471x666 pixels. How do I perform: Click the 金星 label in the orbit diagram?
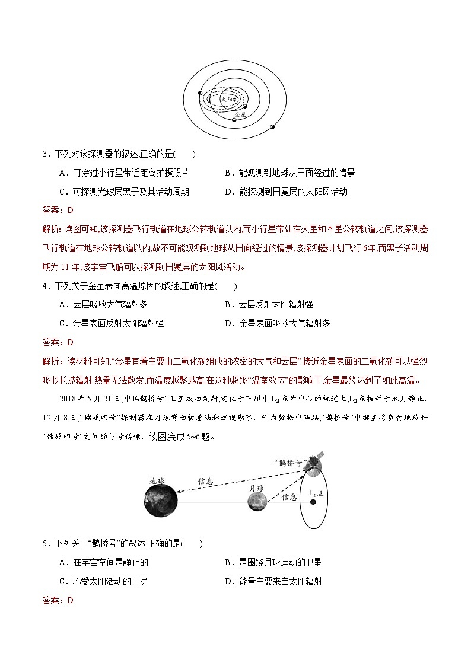240,113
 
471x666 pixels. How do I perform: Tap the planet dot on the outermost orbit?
272,127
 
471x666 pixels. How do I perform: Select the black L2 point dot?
313,502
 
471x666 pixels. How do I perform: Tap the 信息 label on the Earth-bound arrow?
206,482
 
